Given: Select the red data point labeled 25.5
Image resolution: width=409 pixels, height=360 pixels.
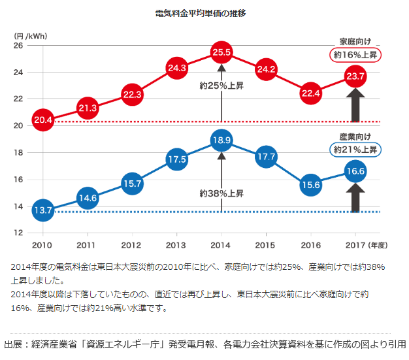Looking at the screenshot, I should [x=221, y=52].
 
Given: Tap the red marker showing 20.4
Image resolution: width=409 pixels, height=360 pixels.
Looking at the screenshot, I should [x=42, y=120].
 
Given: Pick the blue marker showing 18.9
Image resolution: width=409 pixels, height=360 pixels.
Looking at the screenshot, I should [x=221, y=140].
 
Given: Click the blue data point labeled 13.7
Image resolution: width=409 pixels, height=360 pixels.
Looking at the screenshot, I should [x=42, y=210].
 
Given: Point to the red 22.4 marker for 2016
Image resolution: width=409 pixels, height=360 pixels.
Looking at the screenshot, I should [x=311, y=93].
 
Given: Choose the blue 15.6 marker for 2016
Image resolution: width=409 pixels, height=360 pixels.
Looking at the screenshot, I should [x=311, y=185].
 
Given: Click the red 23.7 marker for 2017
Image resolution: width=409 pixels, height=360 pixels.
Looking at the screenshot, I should [x=356, y=76].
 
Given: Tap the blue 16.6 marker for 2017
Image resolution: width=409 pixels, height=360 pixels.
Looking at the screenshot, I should [x=356, y=172].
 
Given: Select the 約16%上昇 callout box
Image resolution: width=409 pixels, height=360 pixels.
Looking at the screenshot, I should [x=356, y=56].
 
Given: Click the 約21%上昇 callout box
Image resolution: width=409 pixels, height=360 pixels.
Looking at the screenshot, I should [x=356, y=150].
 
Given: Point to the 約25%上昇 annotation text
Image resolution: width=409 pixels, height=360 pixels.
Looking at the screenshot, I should [x=221, y=85].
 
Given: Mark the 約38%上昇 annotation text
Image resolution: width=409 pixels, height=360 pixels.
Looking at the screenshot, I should [x=221, y=193].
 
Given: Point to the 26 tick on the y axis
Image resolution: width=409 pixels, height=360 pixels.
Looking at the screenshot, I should [x=18, y=46].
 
